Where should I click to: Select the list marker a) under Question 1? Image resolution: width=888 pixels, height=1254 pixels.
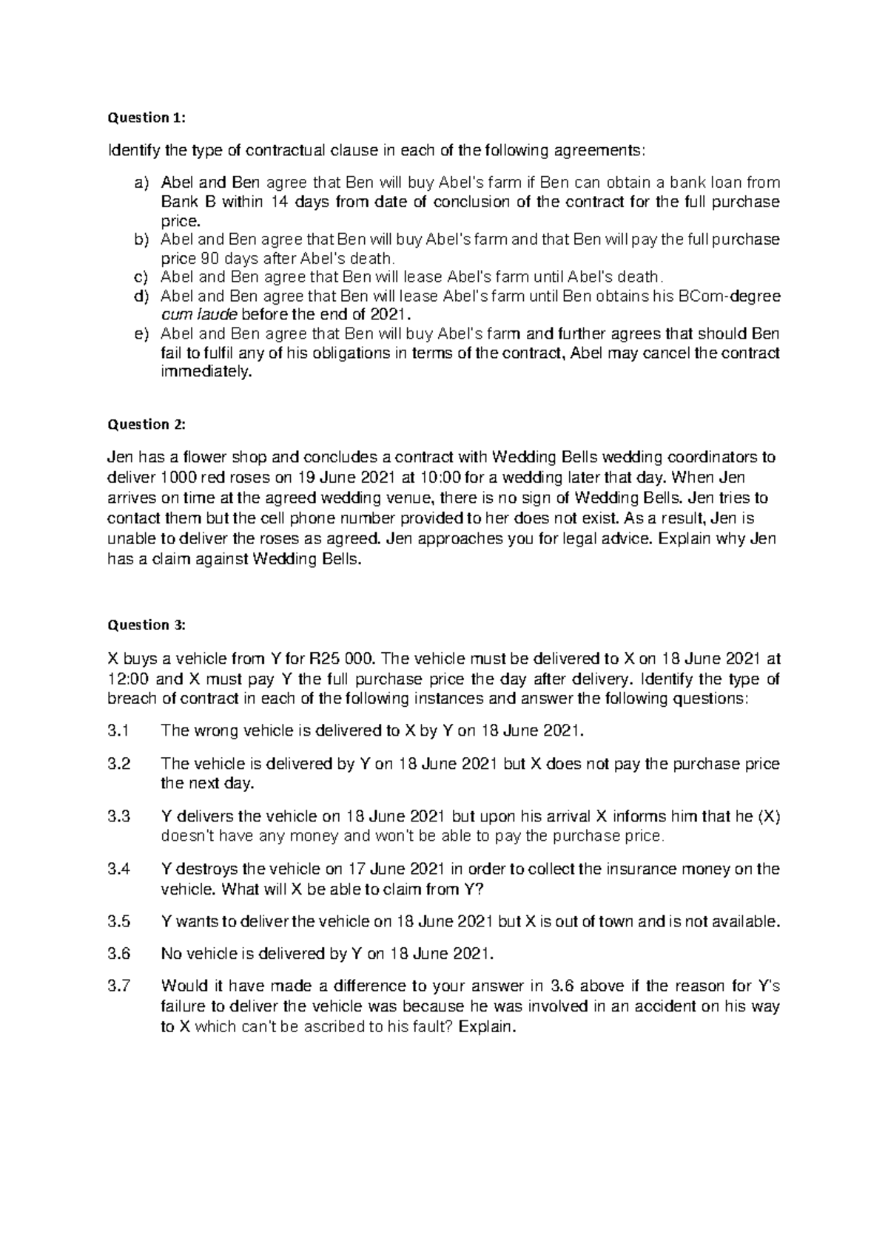[x=141, y=183]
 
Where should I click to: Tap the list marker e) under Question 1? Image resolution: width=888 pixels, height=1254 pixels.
[x=141, y=333]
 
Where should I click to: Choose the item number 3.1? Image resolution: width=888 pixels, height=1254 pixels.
[x=118, y=731]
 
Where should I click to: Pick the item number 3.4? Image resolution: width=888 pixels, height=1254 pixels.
[x=118, y=870]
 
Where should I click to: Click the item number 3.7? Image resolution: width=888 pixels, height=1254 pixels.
[x=118, y=986]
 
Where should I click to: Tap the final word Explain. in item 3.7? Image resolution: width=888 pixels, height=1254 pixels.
[x=486, y=1027]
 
